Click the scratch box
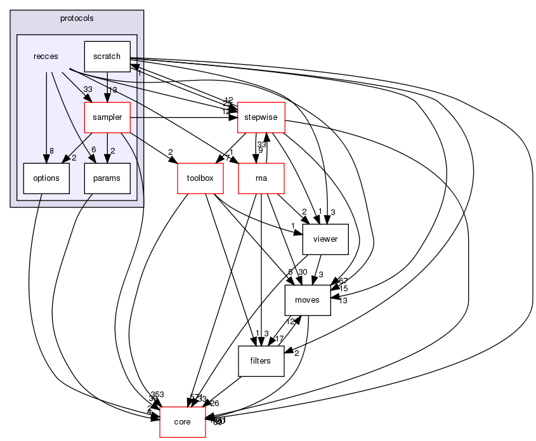point(107,56)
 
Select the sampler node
point(107,117)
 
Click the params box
point(107,178)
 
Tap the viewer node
point(326,239)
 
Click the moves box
point(308,300)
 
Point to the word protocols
point(77,18)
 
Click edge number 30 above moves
point(302,272)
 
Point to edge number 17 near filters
point(279,339)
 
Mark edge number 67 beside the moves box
point(343,280)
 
